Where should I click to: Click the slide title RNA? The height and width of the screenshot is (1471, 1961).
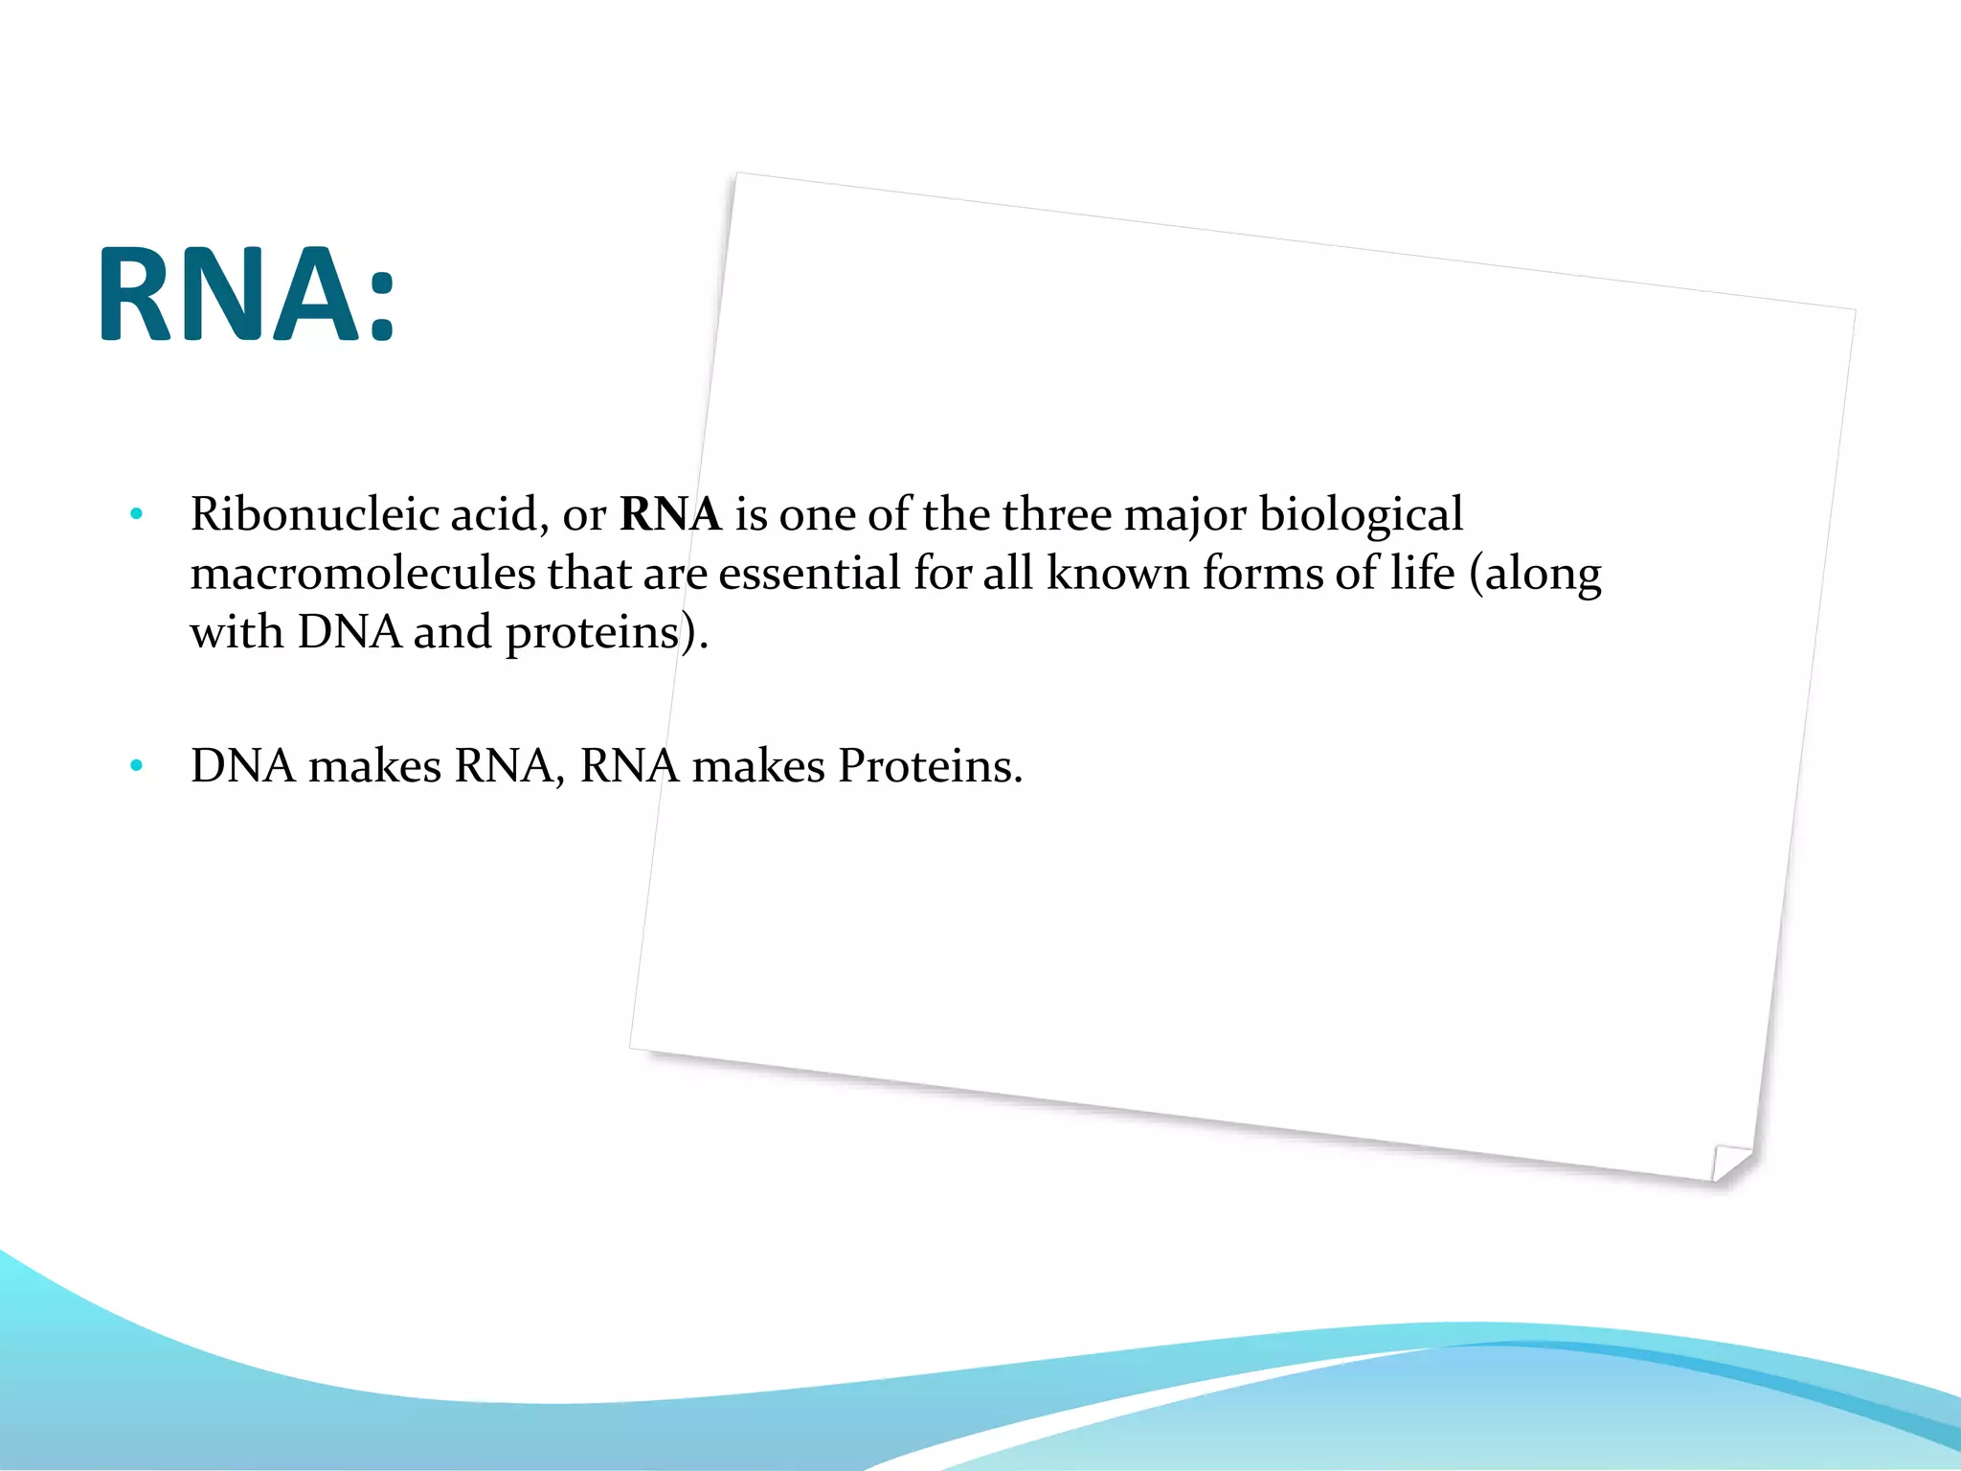point(246,294)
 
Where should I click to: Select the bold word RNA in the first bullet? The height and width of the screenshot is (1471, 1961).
point(670,514)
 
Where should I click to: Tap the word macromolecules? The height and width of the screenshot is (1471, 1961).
point(363,574)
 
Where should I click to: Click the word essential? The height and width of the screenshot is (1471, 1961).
point(809,574)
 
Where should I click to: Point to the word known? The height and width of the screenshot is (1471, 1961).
point(1117,574)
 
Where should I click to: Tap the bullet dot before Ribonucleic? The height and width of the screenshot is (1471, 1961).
point(137,515)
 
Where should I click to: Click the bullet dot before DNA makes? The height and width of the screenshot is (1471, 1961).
point(137,766)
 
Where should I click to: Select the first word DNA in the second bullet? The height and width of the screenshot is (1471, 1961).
point(243,766)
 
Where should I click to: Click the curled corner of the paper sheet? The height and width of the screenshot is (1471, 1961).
point(1731,1163)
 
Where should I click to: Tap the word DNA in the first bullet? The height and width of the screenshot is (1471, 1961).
point(349,632)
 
